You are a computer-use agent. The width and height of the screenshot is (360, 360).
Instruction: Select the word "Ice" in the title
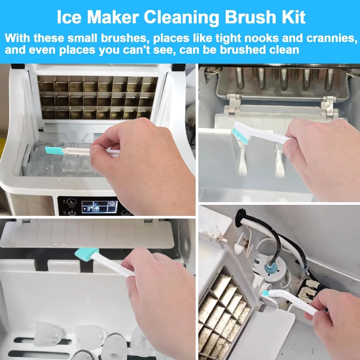click(x=69, y=17)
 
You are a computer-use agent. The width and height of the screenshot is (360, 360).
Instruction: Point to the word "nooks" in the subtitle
click(x=261, y=38)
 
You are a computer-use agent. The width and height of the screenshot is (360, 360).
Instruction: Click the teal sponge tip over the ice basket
click(x=54, y=150)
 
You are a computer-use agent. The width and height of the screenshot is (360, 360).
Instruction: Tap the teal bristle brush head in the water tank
click(x=240, y=136)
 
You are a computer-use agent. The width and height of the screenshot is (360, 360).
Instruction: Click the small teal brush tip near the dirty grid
click(x=266, y=293)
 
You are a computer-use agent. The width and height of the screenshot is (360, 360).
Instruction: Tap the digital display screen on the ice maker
click(x=100, y=207)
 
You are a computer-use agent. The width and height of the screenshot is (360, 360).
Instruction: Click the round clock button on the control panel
click(x=72, y=202)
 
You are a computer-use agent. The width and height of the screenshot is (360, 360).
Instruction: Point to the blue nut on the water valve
click(x=269, y=267)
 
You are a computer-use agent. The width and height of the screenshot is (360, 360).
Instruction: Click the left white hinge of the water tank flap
click(x=234, y=104)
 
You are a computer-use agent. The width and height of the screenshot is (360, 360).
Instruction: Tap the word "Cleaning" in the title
click(x=181, y=17)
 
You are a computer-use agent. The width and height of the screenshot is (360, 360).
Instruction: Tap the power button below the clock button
click(x=72, y=213)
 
